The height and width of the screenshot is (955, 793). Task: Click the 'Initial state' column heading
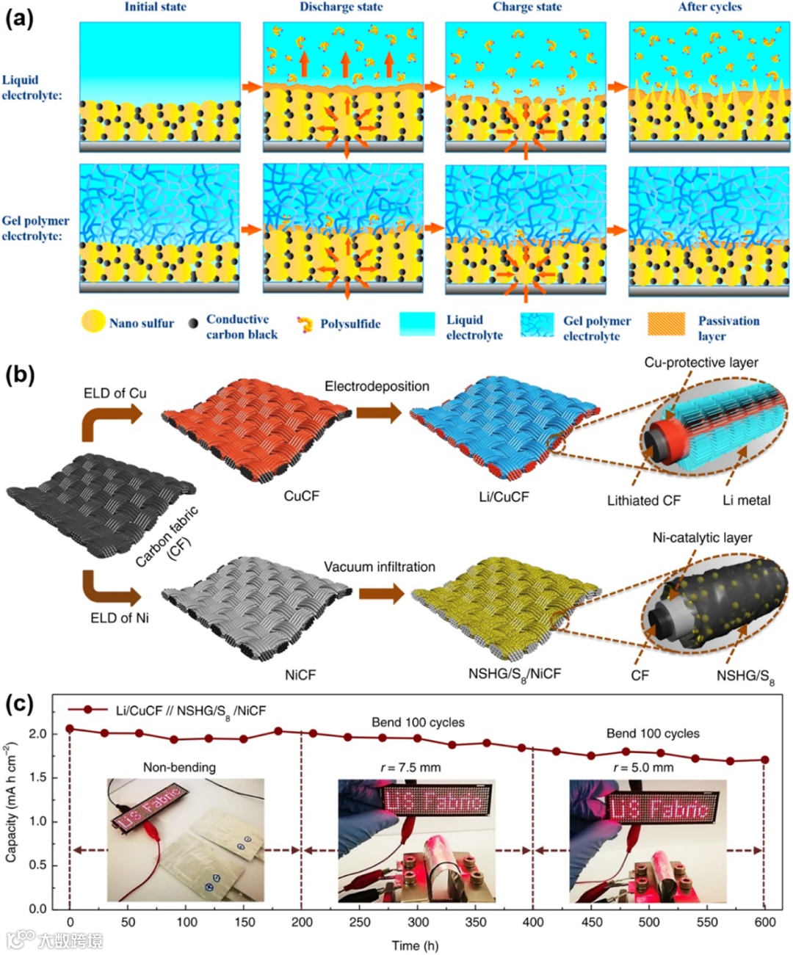point(155,7)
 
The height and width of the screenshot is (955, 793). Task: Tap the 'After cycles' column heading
point(709,7)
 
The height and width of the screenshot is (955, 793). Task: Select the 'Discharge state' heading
point(341,7)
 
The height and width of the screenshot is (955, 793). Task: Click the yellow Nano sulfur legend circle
point(93,322)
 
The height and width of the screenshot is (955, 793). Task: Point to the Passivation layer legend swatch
point(666,324)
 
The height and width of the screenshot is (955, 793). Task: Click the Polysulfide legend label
point(350,324)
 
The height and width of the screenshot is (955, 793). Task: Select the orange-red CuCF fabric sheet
point(253,429)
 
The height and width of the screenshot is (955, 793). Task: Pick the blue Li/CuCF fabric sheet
point(503,429)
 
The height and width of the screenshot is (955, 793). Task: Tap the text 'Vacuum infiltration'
point(380,567)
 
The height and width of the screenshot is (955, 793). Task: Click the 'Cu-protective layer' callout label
point(701,362)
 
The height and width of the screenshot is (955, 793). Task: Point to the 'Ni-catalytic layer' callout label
point(702,537)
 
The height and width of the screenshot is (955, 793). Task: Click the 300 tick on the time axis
point(418,922)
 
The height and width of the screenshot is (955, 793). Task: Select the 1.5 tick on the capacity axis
point(37,777)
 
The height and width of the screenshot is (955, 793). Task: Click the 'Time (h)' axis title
point(415,945)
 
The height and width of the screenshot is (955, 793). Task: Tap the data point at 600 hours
point(764,760)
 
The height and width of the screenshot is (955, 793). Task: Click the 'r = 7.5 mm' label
point(410,767)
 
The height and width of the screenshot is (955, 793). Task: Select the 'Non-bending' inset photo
point(186,840)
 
